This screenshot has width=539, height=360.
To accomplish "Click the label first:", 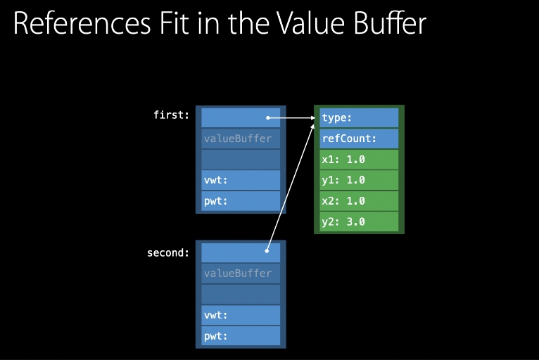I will tap(171, 115).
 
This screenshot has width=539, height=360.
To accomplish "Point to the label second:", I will tap(167, 252).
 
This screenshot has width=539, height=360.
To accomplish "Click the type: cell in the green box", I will tap(359, 118).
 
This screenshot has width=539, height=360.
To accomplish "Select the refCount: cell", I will tap(359, 139).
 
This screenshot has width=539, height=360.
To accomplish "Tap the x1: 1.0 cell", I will tap(359, 160).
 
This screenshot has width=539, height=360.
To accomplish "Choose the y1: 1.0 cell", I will tap(359, 180).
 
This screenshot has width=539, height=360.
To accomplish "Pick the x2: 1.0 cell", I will tap(359, 201).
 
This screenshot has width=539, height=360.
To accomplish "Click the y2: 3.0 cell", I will tap(359, 221).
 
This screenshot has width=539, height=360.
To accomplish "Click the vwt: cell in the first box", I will tap(241, 180).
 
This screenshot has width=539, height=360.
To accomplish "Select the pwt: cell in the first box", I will tap(241, 201).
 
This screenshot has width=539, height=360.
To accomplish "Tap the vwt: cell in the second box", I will tap(241, 315).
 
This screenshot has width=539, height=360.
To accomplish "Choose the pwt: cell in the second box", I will tap(241, 335).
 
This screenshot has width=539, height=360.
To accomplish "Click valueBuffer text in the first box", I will tap(237, 139).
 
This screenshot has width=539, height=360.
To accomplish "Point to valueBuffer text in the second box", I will tap(237, 274).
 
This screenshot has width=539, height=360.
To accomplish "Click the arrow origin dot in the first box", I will tap(268, 117).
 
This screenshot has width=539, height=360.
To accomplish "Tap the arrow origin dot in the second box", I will tap(267, 250).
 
